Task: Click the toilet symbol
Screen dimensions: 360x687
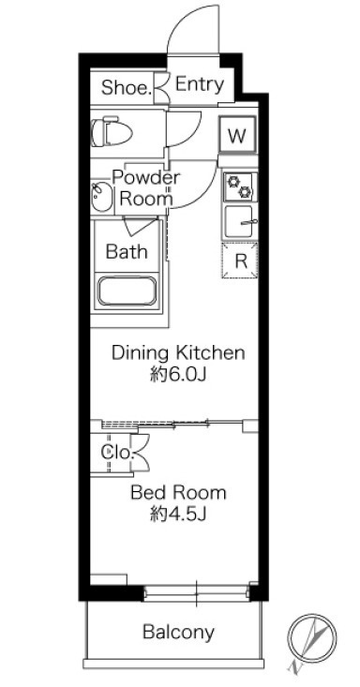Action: point(112,132)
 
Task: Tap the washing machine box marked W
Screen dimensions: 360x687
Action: point(237,135)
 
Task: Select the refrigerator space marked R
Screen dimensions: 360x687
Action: point(239,261)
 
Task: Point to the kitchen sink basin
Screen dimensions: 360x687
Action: point(239,222)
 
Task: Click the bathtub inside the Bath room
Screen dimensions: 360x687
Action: point(127,291)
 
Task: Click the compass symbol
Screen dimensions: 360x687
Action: point(312,640)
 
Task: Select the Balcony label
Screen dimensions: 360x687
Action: point(178,632)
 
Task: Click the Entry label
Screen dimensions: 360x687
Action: point(200,84)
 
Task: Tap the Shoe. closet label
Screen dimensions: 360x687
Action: point(127,87)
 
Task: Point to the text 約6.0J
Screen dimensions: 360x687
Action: point(178,375)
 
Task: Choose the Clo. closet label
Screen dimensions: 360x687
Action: point(116,452)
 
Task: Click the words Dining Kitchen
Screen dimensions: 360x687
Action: point(178,352)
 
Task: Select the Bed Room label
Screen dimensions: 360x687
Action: point(178,493)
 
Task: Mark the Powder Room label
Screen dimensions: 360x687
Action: point(146,188)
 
